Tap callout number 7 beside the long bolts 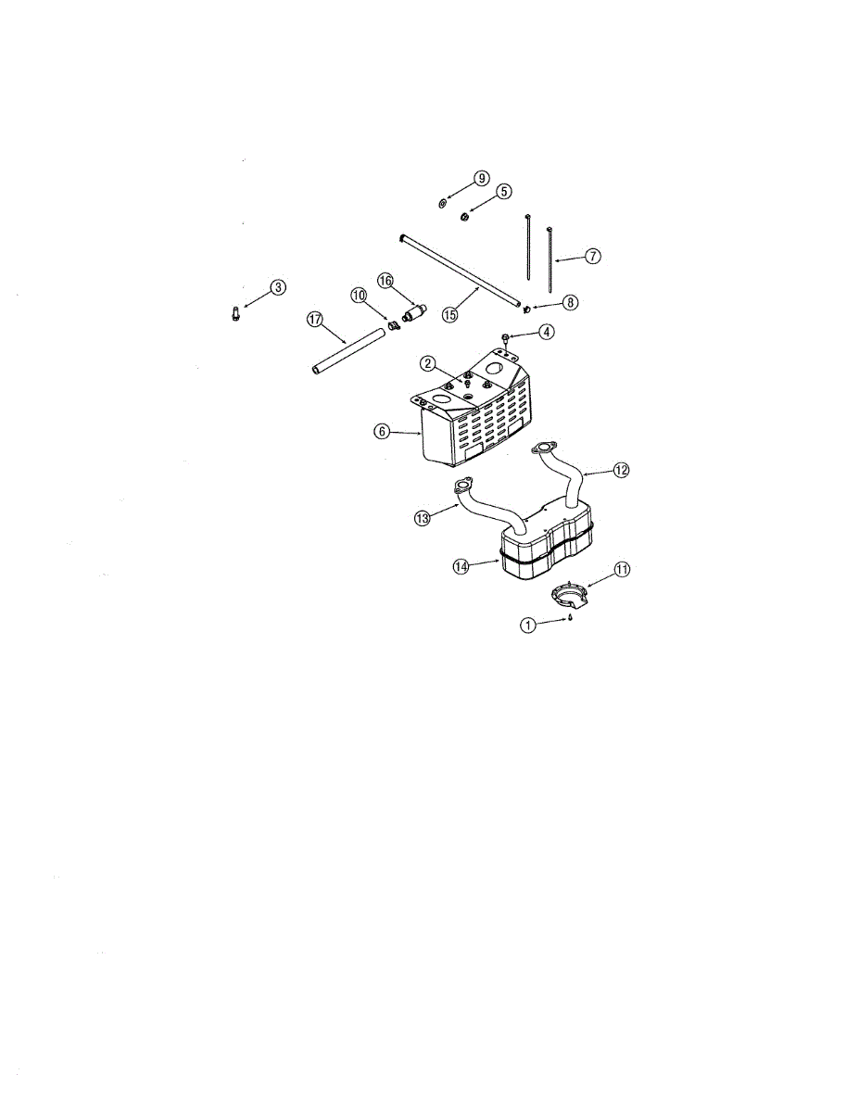point(592,255)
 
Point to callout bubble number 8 point(568,302)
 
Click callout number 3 point(277,287)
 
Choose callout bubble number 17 point(315,319)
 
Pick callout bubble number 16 point(385,280)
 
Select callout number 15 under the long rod point(450,314)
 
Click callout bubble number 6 point(383,432)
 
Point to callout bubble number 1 point(527,625)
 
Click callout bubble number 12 point(621,470)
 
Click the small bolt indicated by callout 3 point(236,315)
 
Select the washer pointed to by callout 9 point(442,202)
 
